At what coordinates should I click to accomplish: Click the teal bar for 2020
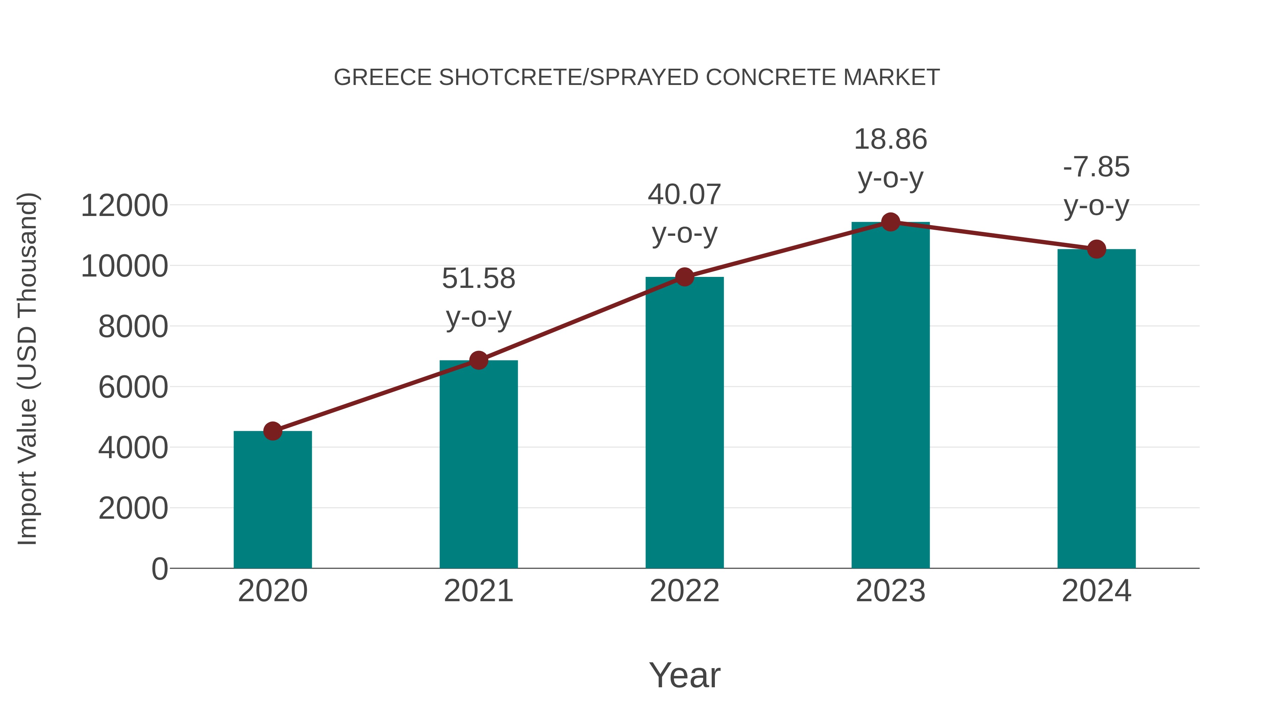tap(272, 500)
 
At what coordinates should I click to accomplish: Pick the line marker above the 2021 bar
tap(478, 360)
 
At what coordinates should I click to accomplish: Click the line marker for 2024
tap(1096, 249)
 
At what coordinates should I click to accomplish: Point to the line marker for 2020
tap(272, 431)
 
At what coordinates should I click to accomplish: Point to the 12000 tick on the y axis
tap(124, 205)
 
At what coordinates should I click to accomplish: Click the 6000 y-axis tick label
tap(133, 387)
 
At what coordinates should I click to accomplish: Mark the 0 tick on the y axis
tap(159, 569)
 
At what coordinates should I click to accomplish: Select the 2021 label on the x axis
tap(478, 591)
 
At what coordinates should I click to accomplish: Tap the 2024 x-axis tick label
tap(1096, 591)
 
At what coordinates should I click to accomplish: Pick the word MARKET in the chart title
tap(891, 78)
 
